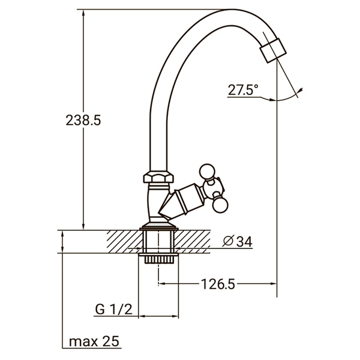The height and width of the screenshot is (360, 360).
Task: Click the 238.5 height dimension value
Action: [x=83, y=120]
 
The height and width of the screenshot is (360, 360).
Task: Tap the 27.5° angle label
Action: [x=242, y=90]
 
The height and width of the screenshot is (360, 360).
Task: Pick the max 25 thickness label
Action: [x=94, y=341]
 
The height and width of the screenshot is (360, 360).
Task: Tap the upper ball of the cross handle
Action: [x=208, y=172]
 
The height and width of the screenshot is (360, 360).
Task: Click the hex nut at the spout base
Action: [x=158, y=178]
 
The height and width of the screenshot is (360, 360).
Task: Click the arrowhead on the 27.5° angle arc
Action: [x=299, y=92]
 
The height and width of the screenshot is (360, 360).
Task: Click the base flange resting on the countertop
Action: [x=158, y=227]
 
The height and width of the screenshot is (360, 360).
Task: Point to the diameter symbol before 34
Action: [x=227, y=241]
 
